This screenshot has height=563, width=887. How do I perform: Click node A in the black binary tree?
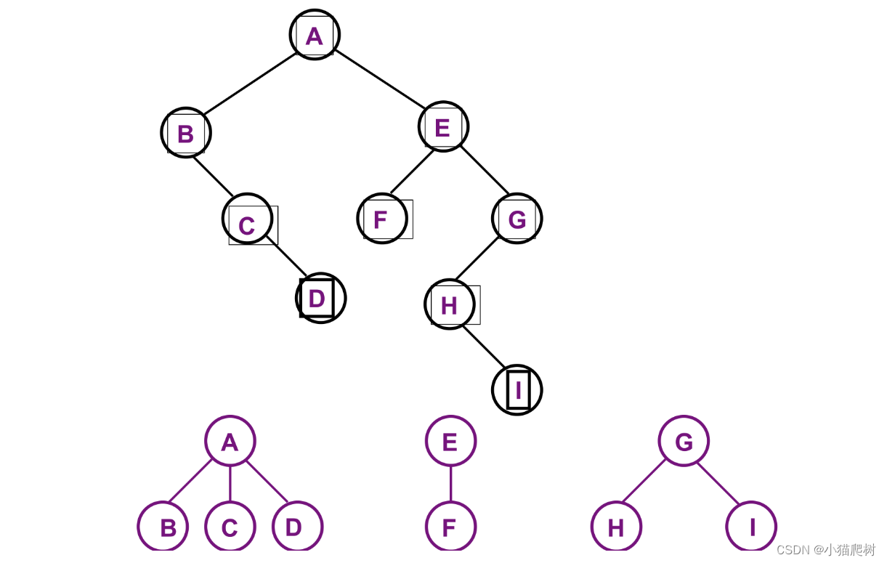coord(315,35)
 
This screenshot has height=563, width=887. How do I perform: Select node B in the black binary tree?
coord(186,133)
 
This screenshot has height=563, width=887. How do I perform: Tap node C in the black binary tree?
coord(247,219)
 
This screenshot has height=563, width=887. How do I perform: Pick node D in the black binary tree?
coord(320,298)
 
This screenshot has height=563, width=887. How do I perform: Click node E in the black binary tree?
coord(443,127)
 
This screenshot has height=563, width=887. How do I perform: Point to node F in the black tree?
coord(381,219)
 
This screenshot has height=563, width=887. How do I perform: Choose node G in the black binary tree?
coord(517,219)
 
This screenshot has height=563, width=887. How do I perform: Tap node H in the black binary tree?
coord(450,304)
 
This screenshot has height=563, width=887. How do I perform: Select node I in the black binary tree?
coord(517,390)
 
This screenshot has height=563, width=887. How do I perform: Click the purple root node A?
coord(230,441)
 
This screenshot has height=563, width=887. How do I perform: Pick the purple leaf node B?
coord(163,527)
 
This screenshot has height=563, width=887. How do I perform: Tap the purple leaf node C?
coord(230,527)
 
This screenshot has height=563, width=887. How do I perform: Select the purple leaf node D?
coord(297,527)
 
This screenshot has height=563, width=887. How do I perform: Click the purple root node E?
coord(450,441)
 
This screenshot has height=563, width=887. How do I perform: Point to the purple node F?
coord(450,527)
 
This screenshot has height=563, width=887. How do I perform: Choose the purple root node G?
coord(684,441)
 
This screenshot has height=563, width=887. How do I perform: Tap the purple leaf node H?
coord(616,527)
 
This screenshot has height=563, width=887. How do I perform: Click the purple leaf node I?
coord(751,527)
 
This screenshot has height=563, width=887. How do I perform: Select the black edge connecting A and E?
coord(379,79)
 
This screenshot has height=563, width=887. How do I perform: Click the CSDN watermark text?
coord(826,550)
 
